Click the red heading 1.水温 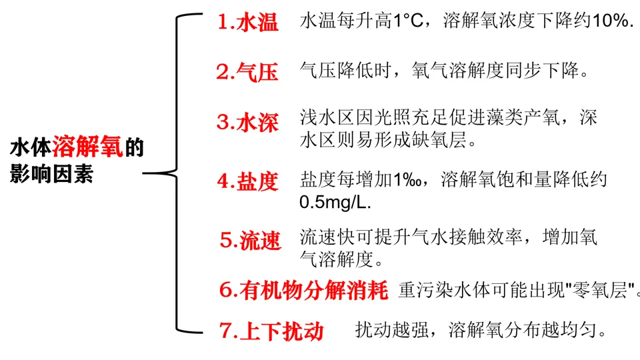point(247,23)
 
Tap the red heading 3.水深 point(247,123)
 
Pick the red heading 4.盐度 point(247,181)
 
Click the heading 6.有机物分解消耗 point(303,291)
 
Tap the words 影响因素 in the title point(51,175)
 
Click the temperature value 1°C point(408,21)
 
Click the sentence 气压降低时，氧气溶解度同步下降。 point(445,71)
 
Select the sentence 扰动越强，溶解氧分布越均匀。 point(481,329)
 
